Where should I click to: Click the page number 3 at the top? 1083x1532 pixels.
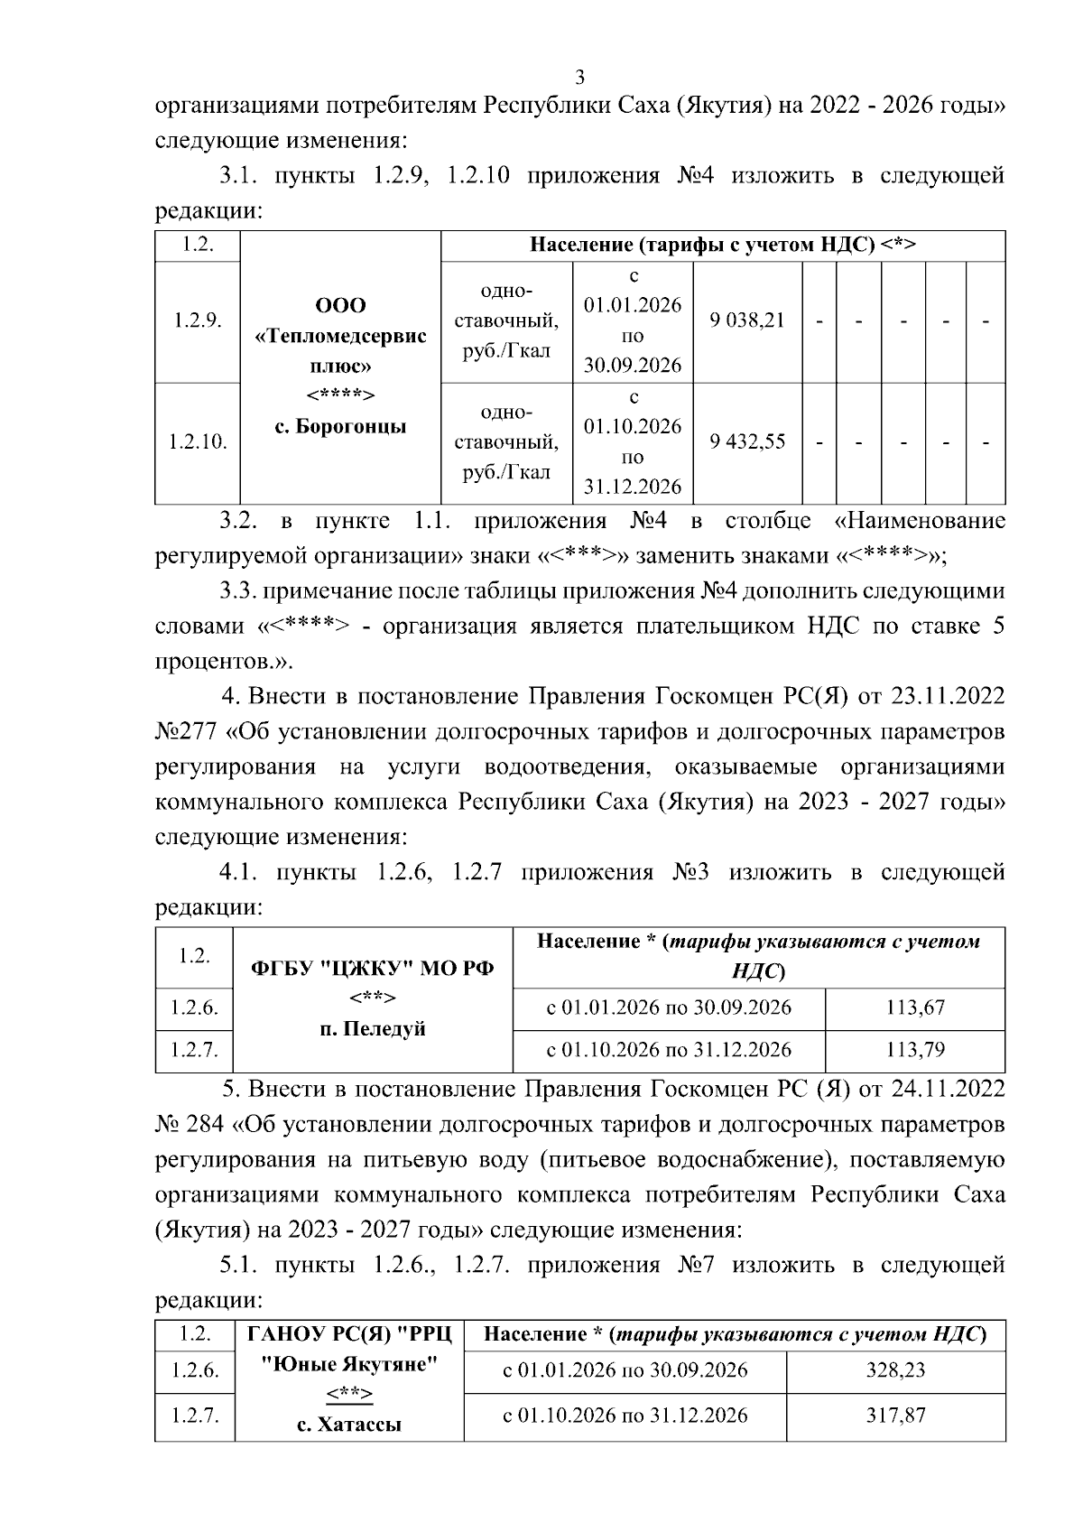click(x=580, y=76)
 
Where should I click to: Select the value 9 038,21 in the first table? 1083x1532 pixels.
click(x=747, y=320)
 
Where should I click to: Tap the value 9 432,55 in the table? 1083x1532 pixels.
click(x=747, y=441)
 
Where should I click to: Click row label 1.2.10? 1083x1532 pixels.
click(x=198, y=442)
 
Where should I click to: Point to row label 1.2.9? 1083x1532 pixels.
click(x=198, y=320)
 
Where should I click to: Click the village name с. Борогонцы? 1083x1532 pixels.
click(x=339, y=426)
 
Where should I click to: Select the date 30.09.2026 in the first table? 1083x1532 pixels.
click(x=632, y=366)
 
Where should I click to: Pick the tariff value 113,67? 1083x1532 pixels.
click(x=914, y=1007)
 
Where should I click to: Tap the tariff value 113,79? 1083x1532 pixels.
click(x=914, y=1050)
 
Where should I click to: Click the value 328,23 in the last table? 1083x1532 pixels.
click(x=895, y=1370)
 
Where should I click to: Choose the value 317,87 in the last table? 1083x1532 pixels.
click(x=895, y=1415)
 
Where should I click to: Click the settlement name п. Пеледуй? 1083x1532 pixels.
click(x=372, y=1029)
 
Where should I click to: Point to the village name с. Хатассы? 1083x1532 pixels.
click(x=348, y=1425)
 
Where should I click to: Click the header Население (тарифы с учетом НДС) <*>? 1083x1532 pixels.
click(x=723, y=246)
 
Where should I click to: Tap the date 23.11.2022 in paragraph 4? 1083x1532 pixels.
click(x=948, y=697)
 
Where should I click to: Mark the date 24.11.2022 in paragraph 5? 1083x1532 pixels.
click(x=948, y=1090)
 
